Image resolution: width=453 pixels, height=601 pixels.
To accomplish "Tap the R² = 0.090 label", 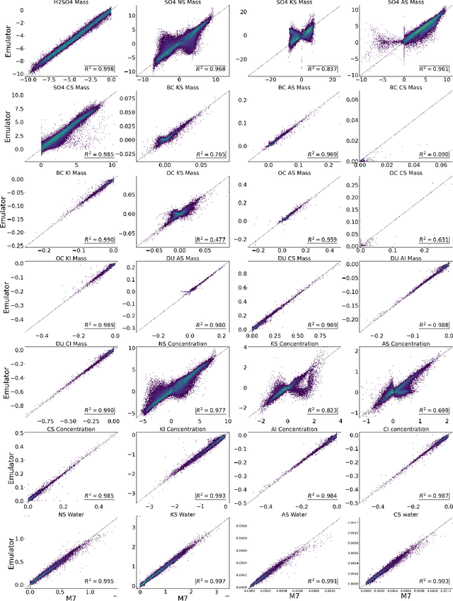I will [x=432, y=154].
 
